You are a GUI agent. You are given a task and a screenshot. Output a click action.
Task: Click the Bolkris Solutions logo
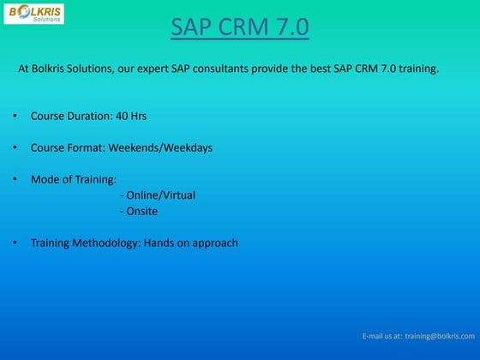click(35, 13)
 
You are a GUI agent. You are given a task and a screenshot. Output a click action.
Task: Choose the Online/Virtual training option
click(160, 195)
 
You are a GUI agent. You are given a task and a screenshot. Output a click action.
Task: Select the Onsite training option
click(141, 211)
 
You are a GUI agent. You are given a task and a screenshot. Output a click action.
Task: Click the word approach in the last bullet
click(209, 243)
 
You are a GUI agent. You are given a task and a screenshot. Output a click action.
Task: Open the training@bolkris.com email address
click(440, 337)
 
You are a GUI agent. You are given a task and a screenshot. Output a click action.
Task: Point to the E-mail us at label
click(381, 337)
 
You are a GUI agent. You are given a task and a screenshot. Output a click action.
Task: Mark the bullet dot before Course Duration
click(15, 115)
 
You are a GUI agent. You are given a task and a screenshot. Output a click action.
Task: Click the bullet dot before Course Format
click(15, 147)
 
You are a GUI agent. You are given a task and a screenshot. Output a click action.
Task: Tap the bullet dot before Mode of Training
click(15, 179)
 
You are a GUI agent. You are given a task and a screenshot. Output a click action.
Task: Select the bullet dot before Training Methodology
click(15, 243)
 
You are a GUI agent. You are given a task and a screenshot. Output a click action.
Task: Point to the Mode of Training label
click(73, 179)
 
